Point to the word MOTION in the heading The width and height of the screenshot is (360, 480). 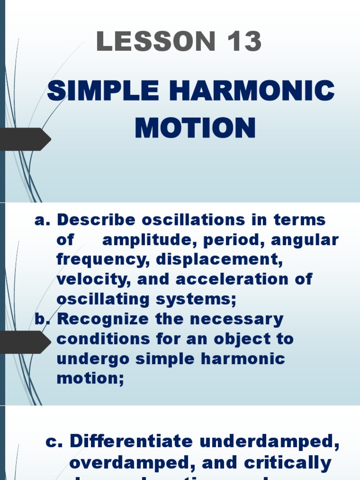195,128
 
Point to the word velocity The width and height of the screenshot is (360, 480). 93,279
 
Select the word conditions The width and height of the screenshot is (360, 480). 102,339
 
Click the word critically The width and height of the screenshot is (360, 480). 287,463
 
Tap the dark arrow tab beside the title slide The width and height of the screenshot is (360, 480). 26,139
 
